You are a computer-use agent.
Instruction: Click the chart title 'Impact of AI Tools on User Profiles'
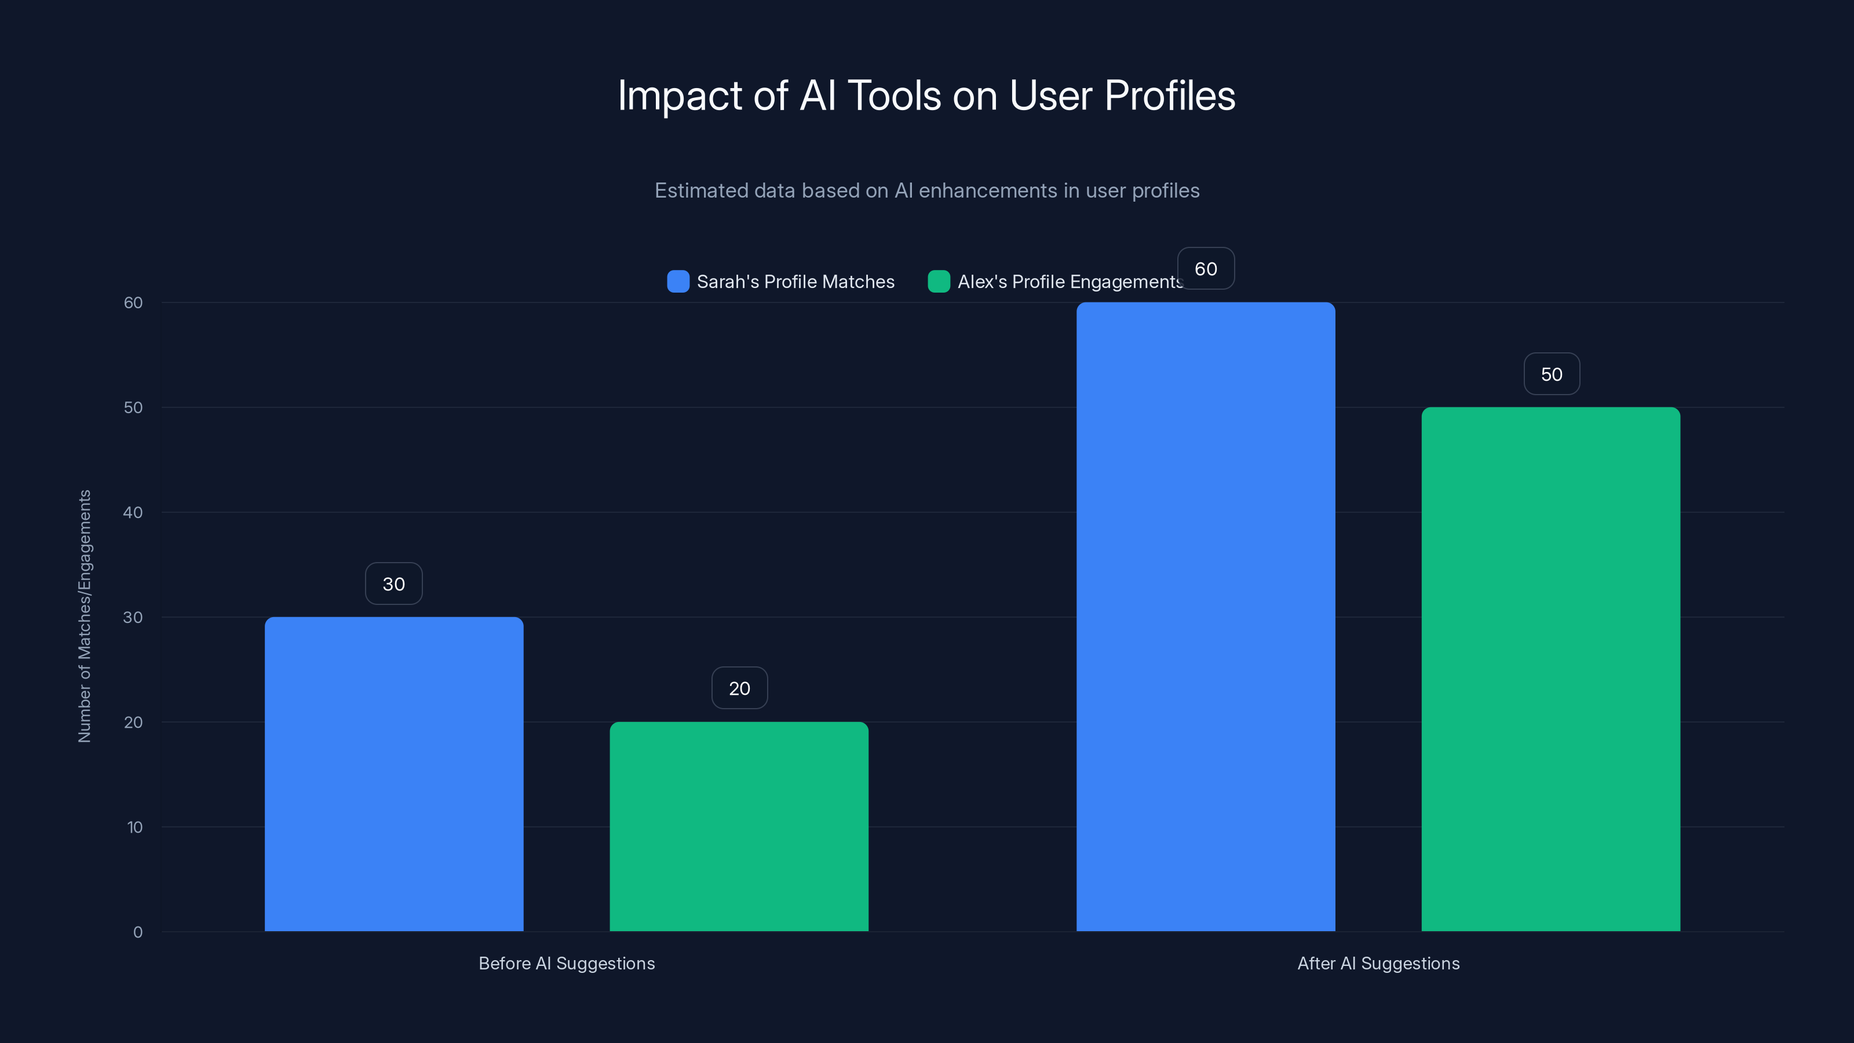[926, 96]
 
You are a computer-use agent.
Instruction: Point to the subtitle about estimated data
[926, 191]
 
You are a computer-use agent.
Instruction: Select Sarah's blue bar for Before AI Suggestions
[394, 774]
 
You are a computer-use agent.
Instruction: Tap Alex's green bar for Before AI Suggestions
[739, 826]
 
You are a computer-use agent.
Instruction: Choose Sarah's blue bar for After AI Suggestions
[1206, 617]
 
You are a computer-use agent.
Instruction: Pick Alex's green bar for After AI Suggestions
[1551, 669]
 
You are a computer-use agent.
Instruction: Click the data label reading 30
[394, 584]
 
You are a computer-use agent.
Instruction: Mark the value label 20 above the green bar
[739, 688]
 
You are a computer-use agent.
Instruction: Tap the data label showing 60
[1206, 268]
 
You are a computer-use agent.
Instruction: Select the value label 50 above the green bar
[1551, 374]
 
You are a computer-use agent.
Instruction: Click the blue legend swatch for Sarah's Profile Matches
[678, 282]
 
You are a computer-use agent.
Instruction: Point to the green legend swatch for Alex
[939, 282]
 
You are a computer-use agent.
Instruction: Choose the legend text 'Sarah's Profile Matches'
[795, 282]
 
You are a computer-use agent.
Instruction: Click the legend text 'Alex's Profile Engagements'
[1070, 282]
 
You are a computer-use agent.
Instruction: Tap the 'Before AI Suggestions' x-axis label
[567, 963]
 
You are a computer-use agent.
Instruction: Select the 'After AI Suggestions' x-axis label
[1378, 963]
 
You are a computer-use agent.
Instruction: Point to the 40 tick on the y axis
[133, 512]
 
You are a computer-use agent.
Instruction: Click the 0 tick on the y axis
[137, 932]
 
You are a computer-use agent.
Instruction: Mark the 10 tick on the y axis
[134, 827]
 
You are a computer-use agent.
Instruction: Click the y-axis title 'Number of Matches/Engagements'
[85, 616]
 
